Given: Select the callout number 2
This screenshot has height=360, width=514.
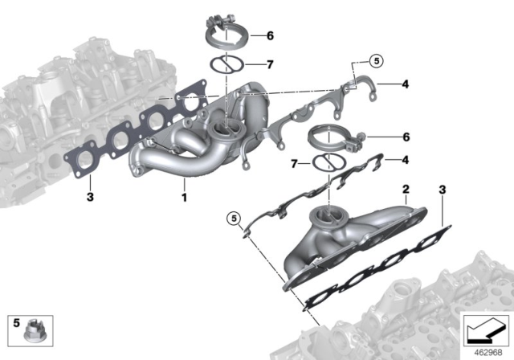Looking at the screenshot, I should click(407, 190).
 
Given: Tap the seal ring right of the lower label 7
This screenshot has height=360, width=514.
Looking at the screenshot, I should click(324, 164).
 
